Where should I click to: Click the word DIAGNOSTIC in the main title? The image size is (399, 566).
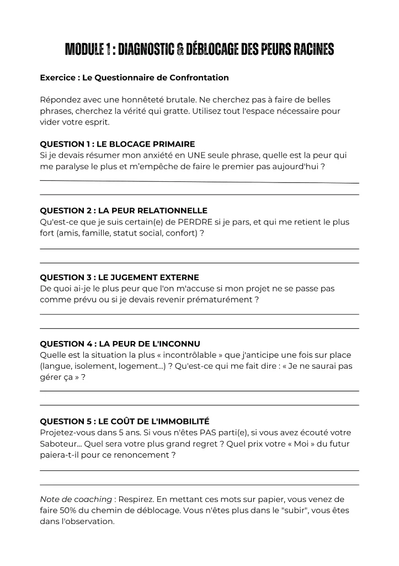click(146, 50)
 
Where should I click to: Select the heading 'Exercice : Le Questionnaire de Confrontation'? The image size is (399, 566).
click(134, 78)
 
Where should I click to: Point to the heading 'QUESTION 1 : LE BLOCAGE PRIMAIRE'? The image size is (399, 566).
click(118, 144)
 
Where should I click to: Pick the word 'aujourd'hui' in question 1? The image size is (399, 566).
click(300, 166)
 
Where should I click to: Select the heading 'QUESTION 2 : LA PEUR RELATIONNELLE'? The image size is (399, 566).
click(124, 211)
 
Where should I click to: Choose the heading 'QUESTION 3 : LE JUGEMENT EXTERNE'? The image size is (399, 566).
click(120, 277)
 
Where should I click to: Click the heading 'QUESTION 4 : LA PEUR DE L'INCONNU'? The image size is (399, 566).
click(120, 343)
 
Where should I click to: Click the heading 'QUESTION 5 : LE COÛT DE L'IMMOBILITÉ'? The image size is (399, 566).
click(125, 421)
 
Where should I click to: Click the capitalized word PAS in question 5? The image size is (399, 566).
click(198, 433)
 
